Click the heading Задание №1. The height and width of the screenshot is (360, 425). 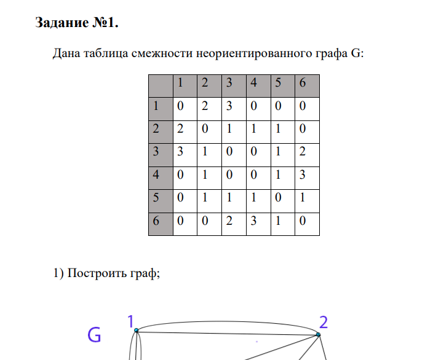pyautogui.click(x=77, y=23)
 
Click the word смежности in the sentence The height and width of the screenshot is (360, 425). pyautogui.click(x=162, y=53)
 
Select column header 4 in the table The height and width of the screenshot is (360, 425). pyautogui.click(x=258, y=86)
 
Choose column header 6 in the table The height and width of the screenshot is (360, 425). pyautogui.click(x=308, y=86)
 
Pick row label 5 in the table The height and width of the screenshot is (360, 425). pyautogui.click(x=161, y=201)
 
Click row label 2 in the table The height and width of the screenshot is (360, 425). pyautogui.click(x=161, y=132)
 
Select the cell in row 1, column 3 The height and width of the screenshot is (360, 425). pyautogui.click(x=234, y=109)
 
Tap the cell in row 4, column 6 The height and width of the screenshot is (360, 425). pyautogui.click(x=308, y=178)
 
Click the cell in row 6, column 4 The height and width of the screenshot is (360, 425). pyautogui.click(x=258, y=224)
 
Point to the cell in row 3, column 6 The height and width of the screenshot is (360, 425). pyautogui.click(x=308, y=155)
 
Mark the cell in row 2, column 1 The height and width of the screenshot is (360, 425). pyautogui.click(x=185, y=132)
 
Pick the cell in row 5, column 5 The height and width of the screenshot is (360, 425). pyautogui.click(x=283, y=201)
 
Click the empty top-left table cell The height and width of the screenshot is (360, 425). pyautogui.click(x=161, y=86)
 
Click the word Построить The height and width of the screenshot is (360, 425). pyautogui.click(x=97, y=273)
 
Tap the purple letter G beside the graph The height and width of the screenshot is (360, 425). pyautogui.click(x=94, y=335)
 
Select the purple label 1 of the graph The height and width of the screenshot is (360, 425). pyautogui.click(x=131, y=321)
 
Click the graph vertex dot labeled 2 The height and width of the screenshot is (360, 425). pyautogui.click(x=318, y=335)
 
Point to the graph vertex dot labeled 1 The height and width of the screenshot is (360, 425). pyautogui.click(x=137, y=331)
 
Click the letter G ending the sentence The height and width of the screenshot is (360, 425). pyautogui.click(x=355, y=53)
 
